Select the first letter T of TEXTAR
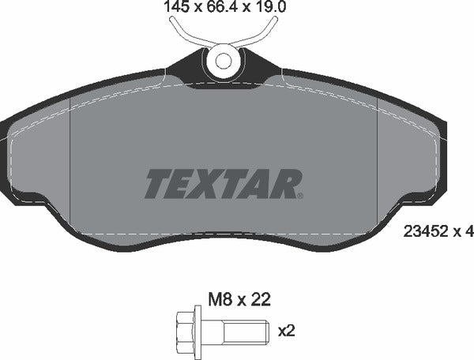[x=156, y=184]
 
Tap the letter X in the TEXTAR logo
[x=208, y=184]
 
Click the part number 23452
[x=423, y=231]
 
